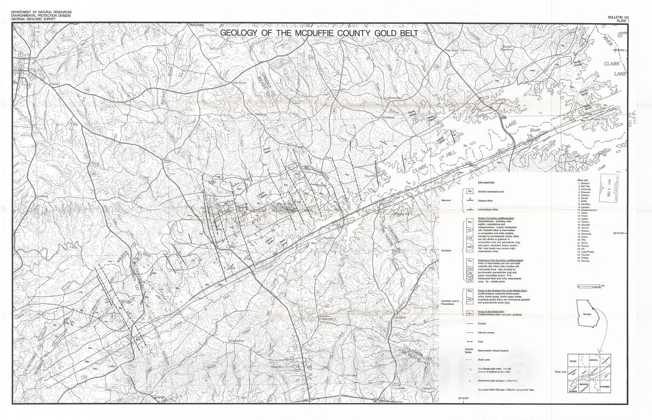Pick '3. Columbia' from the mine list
point(585,189)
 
